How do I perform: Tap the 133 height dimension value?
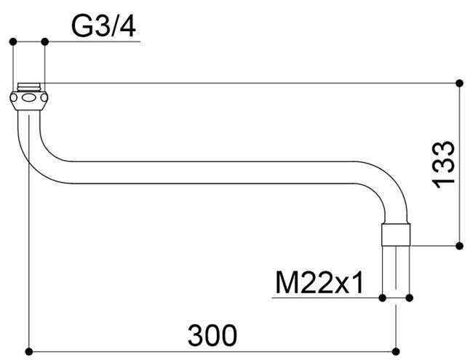click(x=443, y=164)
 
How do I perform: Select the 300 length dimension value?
click(x=212, y=335)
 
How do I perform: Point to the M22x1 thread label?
click(x=319, y=282)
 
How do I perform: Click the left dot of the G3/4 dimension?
click(x=13, y=41)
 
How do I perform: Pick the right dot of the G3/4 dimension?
click(x=44, y=41)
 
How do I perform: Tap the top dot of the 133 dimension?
click(x=459, y=83)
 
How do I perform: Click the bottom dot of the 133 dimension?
click(x=459, y=246)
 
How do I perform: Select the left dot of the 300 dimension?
click(x=29, y=351)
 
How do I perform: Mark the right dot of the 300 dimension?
click(x=396, y=351)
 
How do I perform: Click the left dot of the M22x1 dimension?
click(x=382, y=298)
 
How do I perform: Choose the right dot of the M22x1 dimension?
click(x=410, y=298)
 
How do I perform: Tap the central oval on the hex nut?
click(x=29, y=97)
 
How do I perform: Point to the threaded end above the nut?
click(x=29, y=87)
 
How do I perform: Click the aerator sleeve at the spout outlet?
click(x=396, y=234)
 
